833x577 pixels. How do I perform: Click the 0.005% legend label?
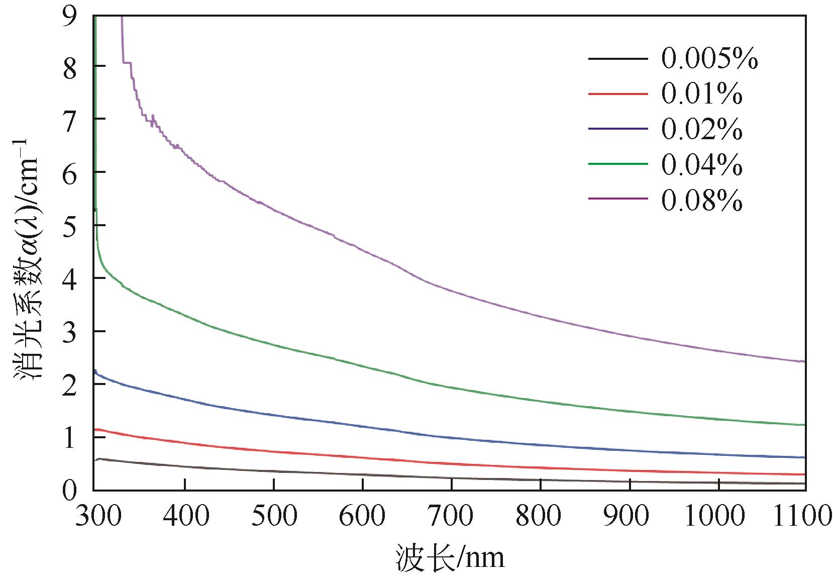709,59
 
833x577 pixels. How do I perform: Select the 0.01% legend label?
701,94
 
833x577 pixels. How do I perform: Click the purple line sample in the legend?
617,199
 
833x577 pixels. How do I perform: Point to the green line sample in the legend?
617,164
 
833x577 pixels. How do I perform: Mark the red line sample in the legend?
617,94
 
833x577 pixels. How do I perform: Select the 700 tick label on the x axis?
451,516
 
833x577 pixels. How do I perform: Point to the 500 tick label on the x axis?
273,516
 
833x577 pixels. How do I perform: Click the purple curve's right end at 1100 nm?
803,361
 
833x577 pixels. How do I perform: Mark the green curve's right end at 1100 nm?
803,425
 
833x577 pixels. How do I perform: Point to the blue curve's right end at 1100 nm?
803,457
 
